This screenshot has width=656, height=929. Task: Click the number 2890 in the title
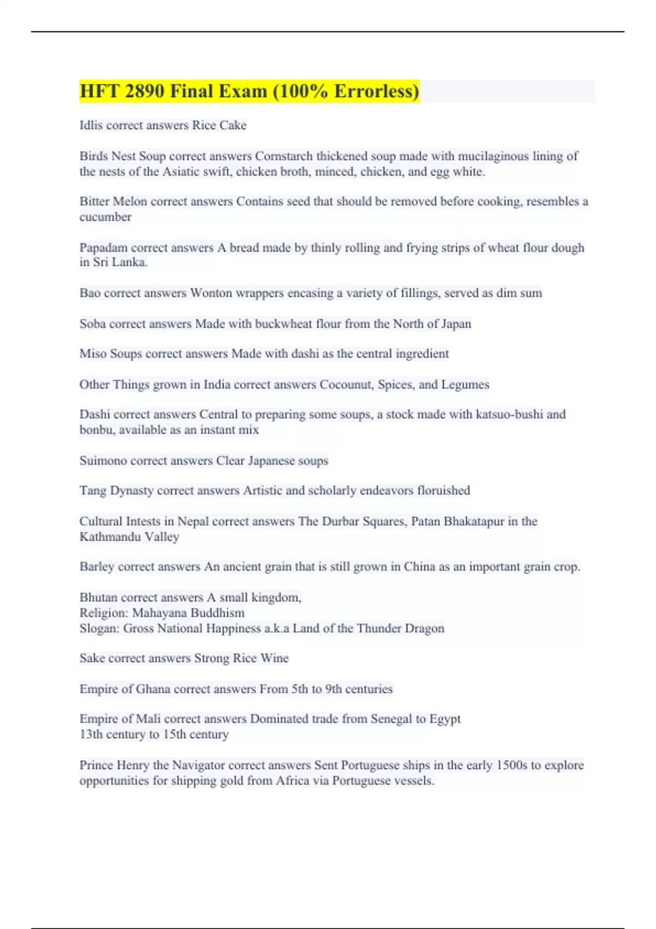(144, 91)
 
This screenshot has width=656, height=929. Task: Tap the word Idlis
(91, 125)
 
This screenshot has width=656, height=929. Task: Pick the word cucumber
(106, 217)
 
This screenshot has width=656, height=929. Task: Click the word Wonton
(211, 293)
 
